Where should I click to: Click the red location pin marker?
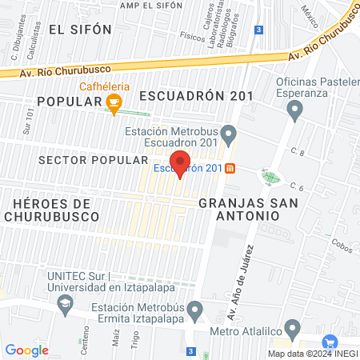(180, 162)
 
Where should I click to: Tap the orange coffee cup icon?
(114, 102)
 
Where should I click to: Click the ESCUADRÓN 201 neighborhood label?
(196, 96)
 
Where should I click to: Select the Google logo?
(26, 350)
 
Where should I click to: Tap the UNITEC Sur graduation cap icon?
(63, 305)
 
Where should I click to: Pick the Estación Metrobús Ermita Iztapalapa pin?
(194, 309)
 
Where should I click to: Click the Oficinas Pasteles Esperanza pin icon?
(297, 110)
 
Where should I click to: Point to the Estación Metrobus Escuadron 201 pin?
(229, 132)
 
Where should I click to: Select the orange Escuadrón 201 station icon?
(230, 168)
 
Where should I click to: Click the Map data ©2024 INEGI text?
(312, 354)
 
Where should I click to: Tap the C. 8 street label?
(298, 151)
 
